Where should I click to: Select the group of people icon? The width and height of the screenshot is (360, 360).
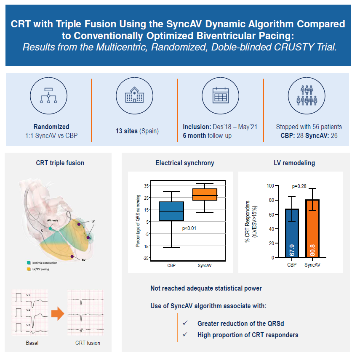point(307,96)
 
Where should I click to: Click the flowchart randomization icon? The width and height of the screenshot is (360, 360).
point(48,96)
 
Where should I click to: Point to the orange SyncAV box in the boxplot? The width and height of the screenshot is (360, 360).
point(205,194)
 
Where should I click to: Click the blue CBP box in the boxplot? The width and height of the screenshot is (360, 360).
point(171,211)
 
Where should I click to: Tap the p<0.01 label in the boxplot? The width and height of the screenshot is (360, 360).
point(189,228)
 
